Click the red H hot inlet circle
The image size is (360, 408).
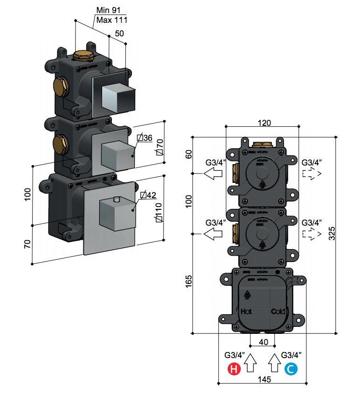(x=233, y=370)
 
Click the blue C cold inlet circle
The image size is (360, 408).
(x=290, y=370)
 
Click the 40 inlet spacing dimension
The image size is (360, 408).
(x=263, y=342)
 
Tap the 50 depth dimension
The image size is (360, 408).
(x=119, y=34)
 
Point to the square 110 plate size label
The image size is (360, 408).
(x=159, y=211)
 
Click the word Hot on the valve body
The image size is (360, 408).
(x=246, y=311)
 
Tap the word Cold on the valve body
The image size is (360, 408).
(x=278, y=311)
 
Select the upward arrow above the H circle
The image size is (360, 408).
(x=250, y=362)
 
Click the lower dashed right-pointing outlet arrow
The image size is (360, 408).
(x=312, y=233)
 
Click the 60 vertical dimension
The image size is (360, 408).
(x=188, y=154)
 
